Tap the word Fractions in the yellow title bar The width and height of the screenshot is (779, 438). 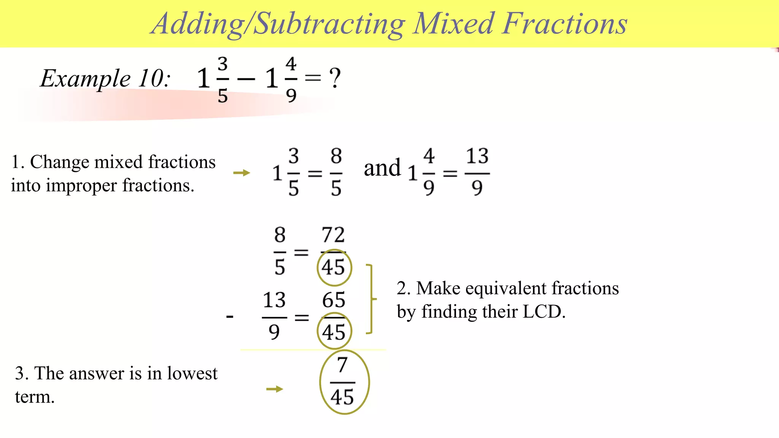(x=565, y=24)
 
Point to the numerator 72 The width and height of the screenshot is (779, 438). (x=333, y=235)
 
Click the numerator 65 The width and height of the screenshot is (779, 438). (x=334, y=300)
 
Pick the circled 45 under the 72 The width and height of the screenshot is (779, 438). (x=334, y=267)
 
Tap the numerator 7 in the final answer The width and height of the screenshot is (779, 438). (x=342, y=365)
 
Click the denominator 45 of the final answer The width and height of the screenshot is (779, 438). (x=342, y=397)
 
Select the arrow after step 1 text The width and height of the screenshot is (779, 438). (x=242, y=173)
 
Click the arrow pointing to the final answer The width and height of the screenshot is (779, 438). (x=275, y=389)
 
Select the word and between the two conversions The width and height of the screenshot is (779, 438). (x=382, y=168)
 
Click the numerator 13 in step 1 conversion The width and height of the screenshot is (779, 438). (x=477, y=156)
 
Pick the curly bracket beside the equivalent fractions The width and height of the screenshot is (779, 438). (x=371, y=299)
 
